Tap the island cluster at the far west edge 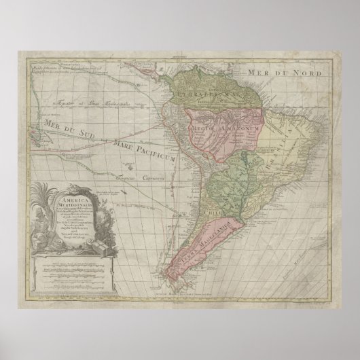pyautogui.click(x=33, y=120)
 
